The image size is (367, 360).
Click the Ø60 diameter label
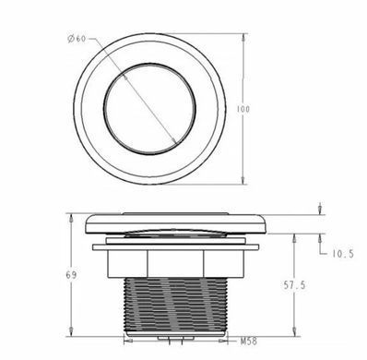(77, 39)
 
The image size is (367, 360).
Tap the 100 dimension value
(243, 109)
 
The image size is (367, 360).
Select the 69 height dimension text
(71, 275)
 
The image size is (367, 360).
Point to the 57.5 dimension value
(294, 285)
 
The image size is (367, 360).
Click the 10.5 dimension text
(343, 254)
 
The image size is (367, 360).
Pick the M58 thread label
(249, 341)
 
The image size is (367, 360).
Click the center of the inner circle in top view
(149, 109)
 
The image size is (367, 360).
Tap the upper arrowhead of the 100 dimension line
(243, 38)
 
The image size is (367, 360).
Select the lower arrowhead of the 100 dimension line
(243, 180)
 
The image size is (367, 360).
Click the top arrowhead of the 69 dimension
(71, 219)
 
